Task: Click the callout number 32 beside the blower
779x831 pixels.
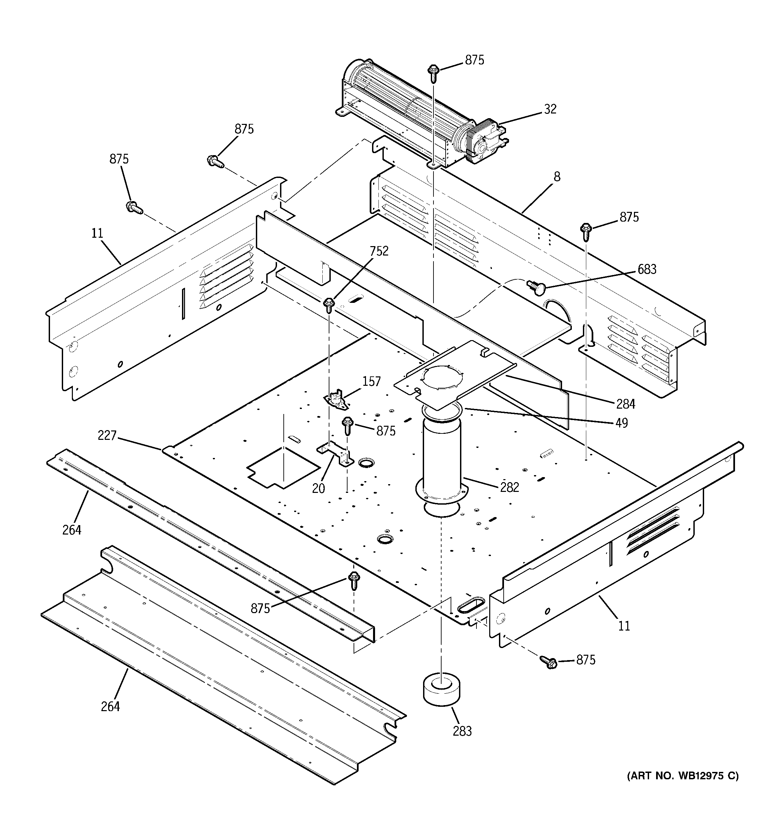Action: pos(550,109)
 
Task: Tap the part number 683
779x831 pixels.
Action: pos(647,270)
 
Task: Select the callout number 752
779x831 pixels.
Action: pos(379,251)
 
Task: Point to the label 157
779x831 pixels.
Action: pos(371,382)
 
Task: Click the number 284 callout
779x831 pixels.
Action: pos(626,404)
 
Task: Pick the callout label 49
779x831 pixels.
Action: pos(622,423)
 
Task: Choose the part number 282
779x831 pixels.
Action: pos(510,488)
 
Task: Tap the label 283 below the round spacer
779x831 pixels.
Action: pos(462,731)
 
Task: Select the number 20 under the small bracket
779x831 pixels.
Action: pos(318,488)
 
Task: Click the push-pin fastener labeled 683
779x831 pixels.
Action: pos(533,285)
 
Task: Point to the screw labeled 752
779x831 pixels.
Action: pos(329,305)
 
